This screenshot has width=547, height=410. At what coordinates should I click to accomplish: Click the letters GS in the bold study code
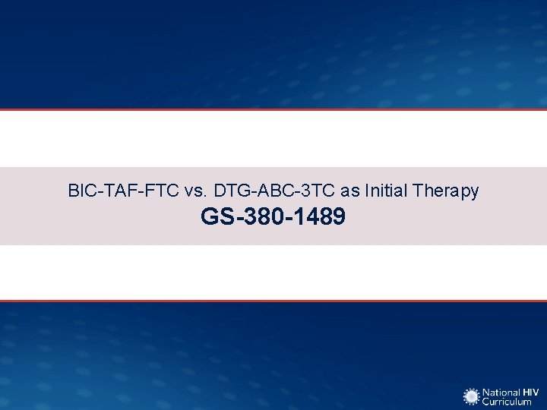coord(214,217)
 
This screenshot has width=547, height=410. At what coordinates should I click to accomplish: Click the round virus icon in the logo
coord(472,396)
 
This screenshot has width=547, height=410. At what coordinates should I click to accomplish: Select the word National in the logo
coord(501,391)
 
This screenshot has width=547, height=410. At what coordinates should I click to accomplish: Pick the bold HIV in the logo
coord(530,391)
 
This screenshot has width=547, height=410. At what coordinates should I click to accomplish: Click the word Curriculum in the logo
coord(507,402)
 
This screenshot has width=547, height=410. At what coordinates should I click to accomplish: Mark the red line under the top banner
coord(273,109)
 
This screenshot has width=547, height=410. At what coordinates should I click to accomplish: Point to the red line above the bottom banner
coord(273,301)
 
